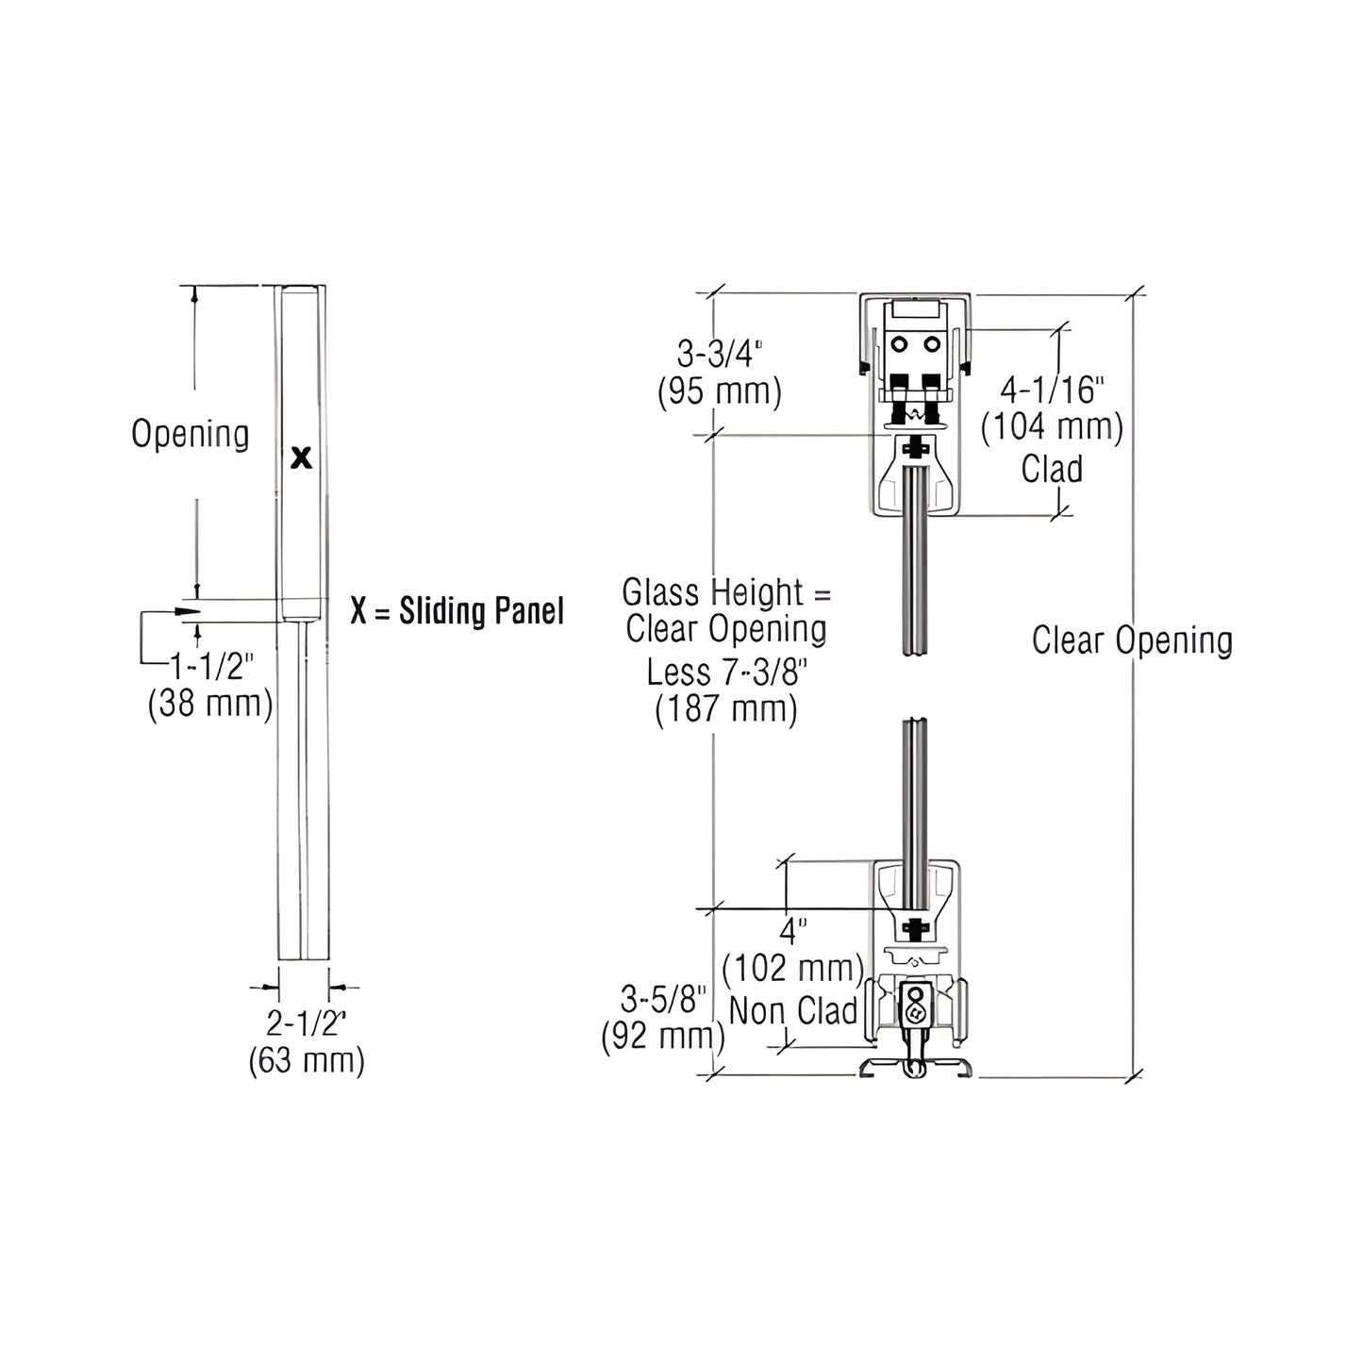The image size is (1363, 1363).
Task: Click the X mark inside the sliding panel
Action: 301,458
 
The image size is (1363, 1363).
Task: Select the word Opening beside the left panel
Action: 191,434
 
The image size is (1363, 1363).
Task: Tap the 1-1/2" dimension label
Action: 212,668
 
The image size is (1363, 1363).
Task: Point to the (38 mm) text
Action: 210,704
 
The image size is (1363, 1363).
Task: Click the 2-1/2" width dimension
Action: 306,1023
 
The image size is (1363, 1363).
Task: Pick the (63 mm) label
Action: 306,1060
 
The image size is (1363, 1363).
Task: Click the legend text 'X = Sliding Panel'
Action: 457,611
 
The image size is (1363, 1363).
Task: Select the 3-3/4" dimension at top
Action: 720,355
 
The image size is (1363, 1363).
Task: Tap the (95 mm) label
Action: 720,391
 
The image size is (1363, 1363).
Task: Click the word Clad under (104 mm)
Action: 1052,469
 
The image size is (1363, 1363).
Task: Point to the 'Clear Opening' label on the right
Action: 1132,640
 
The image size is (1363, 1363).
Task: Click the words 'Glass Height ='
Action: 726,593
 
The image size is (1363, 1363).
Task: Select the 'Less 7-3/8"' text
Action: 725,672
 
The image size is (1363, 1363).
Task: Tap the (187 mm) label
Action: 725,708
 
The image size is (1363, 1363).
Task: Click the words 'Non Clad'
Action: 793,1011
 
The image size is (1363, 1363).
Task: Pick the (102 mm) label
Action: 793,969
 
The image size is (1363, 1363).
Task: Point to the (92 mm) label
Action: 663,1036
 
